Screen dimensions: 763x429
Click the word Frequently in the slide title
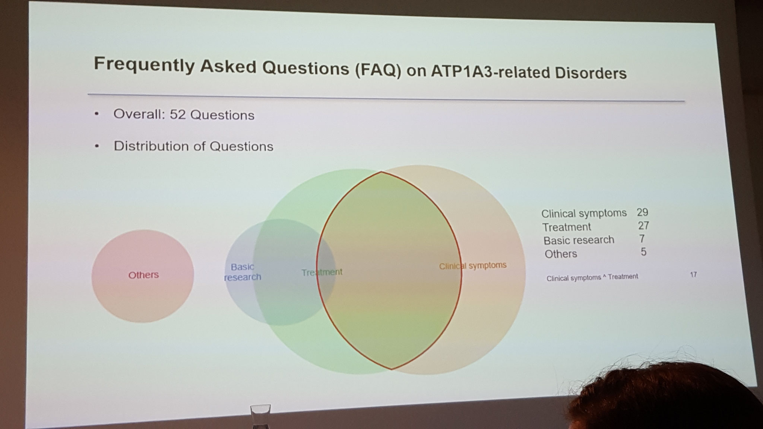(x=144, y=65)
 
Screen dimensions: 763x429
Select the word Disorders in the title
(x=591, y=73)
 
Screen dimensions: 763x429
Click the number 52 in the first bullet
(x=178, y=114)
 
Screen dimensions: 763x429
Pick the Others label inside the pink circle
(x=143, y=275)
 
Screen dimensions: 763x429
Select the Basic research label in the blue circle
(x=243, y=272)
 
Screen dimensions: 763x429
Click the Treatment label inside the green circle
(x=322, y=272)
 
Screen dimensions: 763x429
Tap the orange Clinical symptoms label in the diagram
(x=473, y=266)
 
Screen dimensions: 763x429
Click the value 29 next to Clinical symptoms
(x=642, y=212)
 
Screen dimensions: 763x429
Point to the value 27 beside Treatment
(x=643, y=225)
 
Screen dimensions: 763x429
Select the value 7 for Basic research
(x=642, y=239)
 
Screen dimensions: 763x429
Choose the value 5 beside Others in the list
(x=643, y=252)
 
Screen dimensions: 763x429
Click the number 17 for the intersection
(x=693, y=274)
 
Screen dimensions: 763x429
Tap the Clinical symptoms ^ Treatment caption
(x=592, y=277)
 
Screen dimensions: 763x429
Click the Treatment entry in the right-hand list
(x=566, y=227)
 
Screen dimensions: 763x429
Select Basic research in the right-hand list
(x=579, y=240)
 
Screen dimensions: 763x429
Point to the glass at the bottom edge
(x=260, y=417)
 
